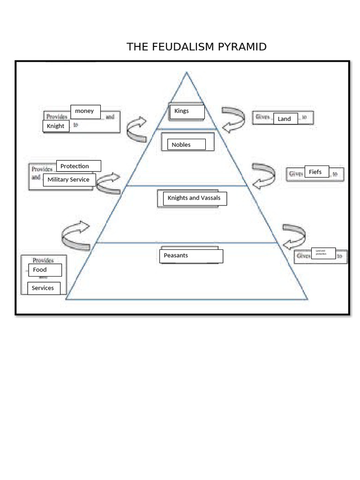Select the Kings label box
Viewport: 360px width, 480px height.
(186, 112)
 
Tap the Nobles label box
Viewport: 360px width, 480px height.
(187, 144)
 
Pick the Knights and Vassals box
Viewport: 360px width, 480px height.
(195, 198)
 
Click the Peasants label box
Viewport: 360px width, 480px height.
(191, 256)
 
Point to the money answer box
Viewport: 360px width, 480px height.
(85, 112)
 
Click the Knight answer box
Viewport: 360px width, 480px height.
(56, 126)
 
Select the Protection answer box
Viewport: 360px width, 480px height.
(78, 166)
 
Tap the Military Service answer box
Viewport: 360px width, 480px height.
(69, 180)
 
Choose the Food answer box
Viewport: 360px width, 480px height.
(45, 270)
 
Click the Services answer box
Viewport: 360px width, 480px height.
(44, 288)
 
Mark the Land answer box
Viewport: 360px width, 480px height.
(285, 119)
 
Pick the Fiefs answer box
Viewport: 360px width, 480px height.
(316, 172)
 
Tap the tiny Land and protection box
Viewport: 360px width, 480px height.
(323, 253)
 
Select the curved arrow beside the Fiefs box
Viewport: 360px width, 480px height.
(263, 176)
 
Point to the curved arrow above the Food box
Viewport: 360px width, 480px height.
(75, 235)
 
